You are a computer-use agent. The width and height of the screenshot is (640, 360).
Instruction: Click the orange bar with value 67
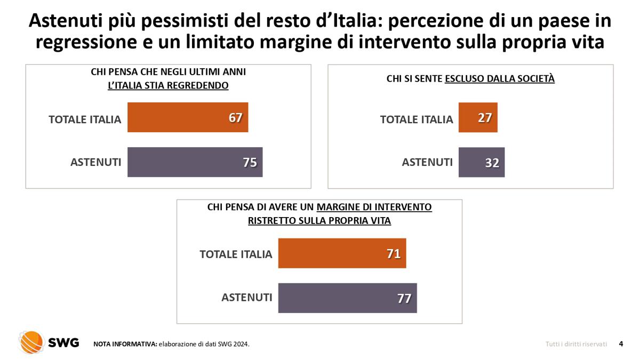click(x=188, y=118)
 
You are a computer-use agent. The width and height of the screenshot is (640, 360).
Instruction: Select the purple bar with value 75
click(x=195, y=162)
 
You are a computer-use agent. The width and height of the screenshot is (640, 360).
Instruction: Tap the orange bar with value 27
click(x=478, y=118)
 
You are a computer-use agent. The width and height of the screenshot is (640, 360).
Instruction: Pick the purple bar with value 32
click(x=481, y=162)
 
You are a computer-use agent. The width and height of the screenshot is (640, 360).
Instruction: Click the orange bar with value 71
click(x=342, y=253)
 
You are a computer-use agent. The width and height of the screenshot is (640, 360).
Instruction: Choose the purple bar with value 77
click(x=347, y=298)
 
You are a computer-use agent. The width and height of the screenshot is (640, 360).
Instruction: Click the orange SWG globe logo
click(x=31, y=342)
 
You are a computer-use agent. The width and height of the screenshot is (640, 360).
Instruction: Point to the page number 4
click(x=621, y=344)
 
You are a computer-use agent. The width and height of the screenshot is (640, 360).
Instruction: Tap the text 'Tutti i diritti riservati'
click(x=576, y=344)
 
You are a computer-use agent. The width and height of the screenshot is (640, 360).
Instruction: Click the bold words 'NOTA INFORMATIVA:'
click(x=125, y=344)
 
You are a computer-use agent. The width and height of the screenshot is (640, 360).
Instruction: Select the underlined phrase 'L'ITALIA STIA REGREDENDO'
click(x=168, y=85)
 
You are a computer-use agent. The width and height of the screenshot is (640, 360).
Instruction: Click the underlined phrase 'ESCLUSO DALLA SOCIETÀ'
click(x=500, y=79)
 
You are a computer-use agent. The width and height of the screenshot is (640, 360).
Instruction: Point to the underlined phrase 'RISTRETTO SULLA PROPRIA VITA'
click(x=319, y=221)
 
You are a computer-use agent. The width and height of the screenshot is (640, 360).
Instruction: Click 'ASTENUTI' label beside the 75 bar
click(x=96, y=162)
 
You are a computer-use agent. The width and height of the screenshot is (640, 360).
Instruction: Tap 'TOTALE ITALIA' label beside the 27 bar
click(x=416, y=119)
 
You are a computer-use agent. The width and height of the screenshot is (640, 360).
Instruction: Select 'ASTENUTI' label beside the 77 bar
click(x=246, y=298)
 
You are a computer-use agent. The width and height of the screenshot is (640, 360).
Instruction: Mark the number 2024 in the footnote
click(x=241, y=344)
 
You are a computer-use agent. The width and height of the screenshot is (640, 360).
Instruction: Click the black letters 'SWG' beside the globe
click(x=63, y=343)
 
